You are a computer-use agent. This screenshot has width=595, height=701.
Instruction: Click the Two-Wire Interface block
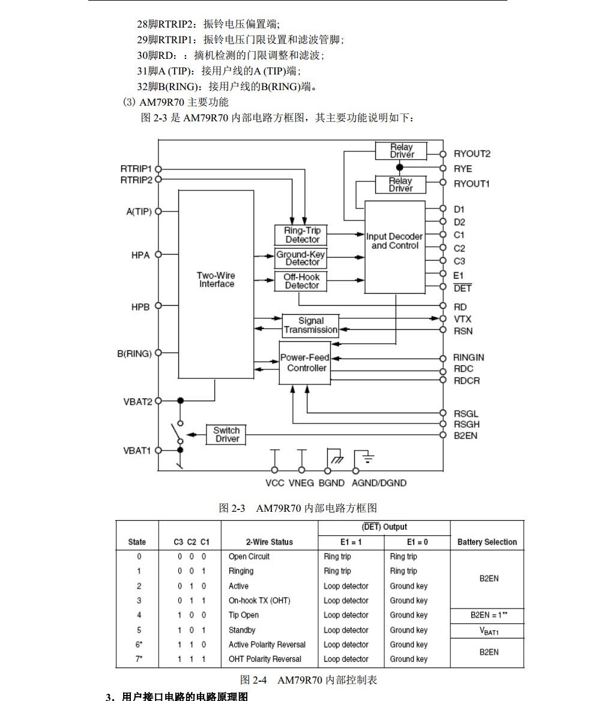point(216,279)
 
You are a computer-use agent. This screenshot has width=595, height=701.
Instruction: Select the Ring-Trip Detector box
point(302,235)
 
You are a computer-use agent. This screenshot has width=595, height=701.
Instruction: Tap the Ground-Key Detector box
point(302,258)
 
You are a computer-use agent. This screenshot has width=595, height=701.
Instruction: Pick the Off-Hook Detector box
point(302,281)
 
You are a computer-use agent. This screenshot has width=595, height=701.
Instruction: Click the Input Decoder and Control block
point(394,241)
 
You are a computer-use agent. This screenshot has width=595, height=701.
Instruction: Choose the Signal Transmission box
point(310,325)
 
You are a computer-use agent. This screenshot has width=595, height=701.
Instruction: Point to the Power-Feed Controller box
point(306,363)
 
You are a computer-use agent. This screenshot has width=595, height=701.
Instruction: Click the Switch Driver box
point(226,434)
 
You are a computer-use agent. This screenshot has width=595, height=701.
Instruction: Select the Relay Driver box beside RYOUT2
point(402,151)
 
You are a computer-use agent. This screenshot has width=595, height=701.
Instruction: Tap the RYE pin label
point(462,169)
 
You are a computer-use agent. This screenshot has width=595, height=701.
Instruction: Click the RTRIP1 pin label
point(136,169)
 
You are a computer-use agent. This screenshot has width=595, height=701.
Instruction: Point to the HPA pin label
point(140,255)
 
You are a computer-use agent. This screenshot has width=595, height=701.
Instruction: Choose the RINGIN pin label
point(468,357)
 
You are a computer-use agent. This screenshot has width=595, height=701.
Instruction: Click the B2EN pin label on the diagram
point(465,435)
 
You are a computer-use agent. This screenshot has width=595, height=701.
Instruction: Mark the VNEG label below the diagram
point(301,483)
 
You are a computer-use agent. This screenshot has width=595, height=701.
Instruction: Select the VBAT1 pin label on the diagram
point(137,451)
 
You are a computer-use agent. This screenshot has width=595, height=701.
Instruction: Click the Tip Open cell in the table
point(244,615)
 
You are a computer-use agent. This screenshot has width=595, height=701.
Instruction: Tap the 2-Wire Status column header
point(269,542)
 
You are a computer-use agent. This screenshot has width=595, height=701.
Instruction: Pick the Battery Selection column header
point(487,542)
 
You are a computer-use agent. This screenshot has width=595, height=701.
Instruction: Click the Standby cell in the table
point(242,630)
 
